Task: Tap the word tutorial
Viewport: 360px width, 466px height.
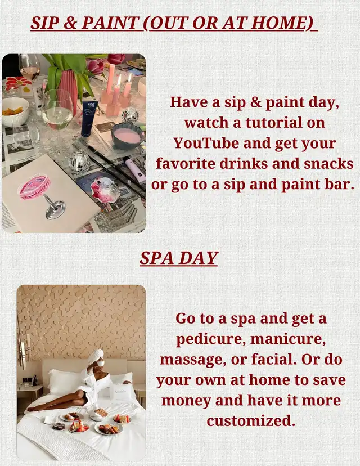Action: pos(273,123)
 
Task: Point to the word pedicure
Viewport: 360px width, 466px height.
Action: pos(211,339)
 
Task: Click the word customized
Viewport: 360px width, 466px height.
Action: pos(251,421)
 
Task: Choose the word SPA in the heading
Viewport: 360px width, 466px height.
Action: pos(156,258)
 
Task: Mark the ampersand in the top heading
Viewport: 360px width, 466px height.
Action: pos(70,23)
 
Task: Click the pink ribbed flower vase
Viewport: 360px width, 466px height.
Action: pos(67,88)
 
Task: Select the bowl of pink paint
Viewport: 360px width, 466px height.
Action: pos(128,136)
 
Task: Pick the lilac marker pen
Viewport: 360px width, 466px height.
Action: pos(134,167)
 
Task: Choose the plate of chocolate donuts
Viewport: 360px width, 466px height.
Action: pos(59,427)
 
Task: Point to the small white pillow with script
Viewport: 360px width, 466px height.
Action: pos(123,391)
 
